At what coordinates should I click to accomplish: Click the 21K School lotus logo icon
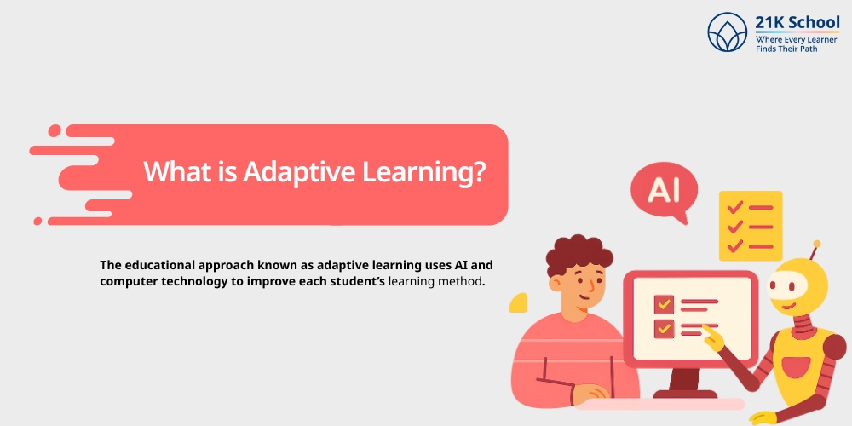pos(727,32)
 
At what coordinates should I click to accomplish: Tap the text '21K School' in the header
pos(797,23)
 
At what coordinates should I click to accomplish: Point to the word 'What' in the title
pos(174,170)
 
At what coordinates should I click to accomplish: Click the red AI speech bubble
pos(664,190)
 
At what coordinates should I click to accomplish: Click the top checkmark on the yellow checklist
pos(734,207)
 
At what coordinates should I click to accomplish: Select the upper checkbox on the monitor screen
pos(664,303)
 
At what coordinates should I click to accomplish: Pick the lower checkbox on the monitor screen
pos(664,327)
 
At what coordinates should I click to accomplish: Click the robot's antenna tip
pos(816,244)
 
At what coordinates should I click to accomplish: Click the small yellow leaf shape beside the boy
pos(518,302)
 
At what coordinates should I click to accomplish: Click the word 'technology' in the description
pos(202,281)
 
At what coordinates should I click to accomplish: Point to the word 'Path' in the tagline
pos(824,49)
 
